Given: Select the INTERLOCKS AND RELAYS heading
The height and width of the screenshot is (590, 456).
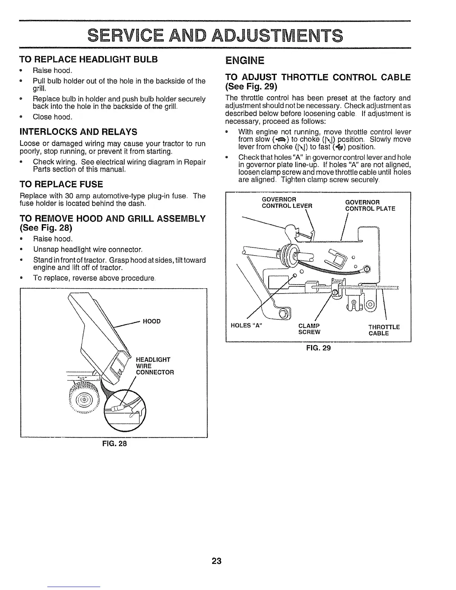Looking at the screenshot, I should pos(79,132).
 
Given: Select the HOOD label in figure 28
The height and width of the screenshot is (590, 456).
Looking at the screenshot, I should pos(152,321).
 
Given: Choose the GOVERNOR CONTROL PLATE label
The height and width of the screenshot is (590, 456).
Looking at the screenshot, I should pos(370,205).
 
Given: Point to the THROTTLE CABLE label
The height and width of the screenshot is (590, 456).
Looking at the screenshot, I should pos(384,330).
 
